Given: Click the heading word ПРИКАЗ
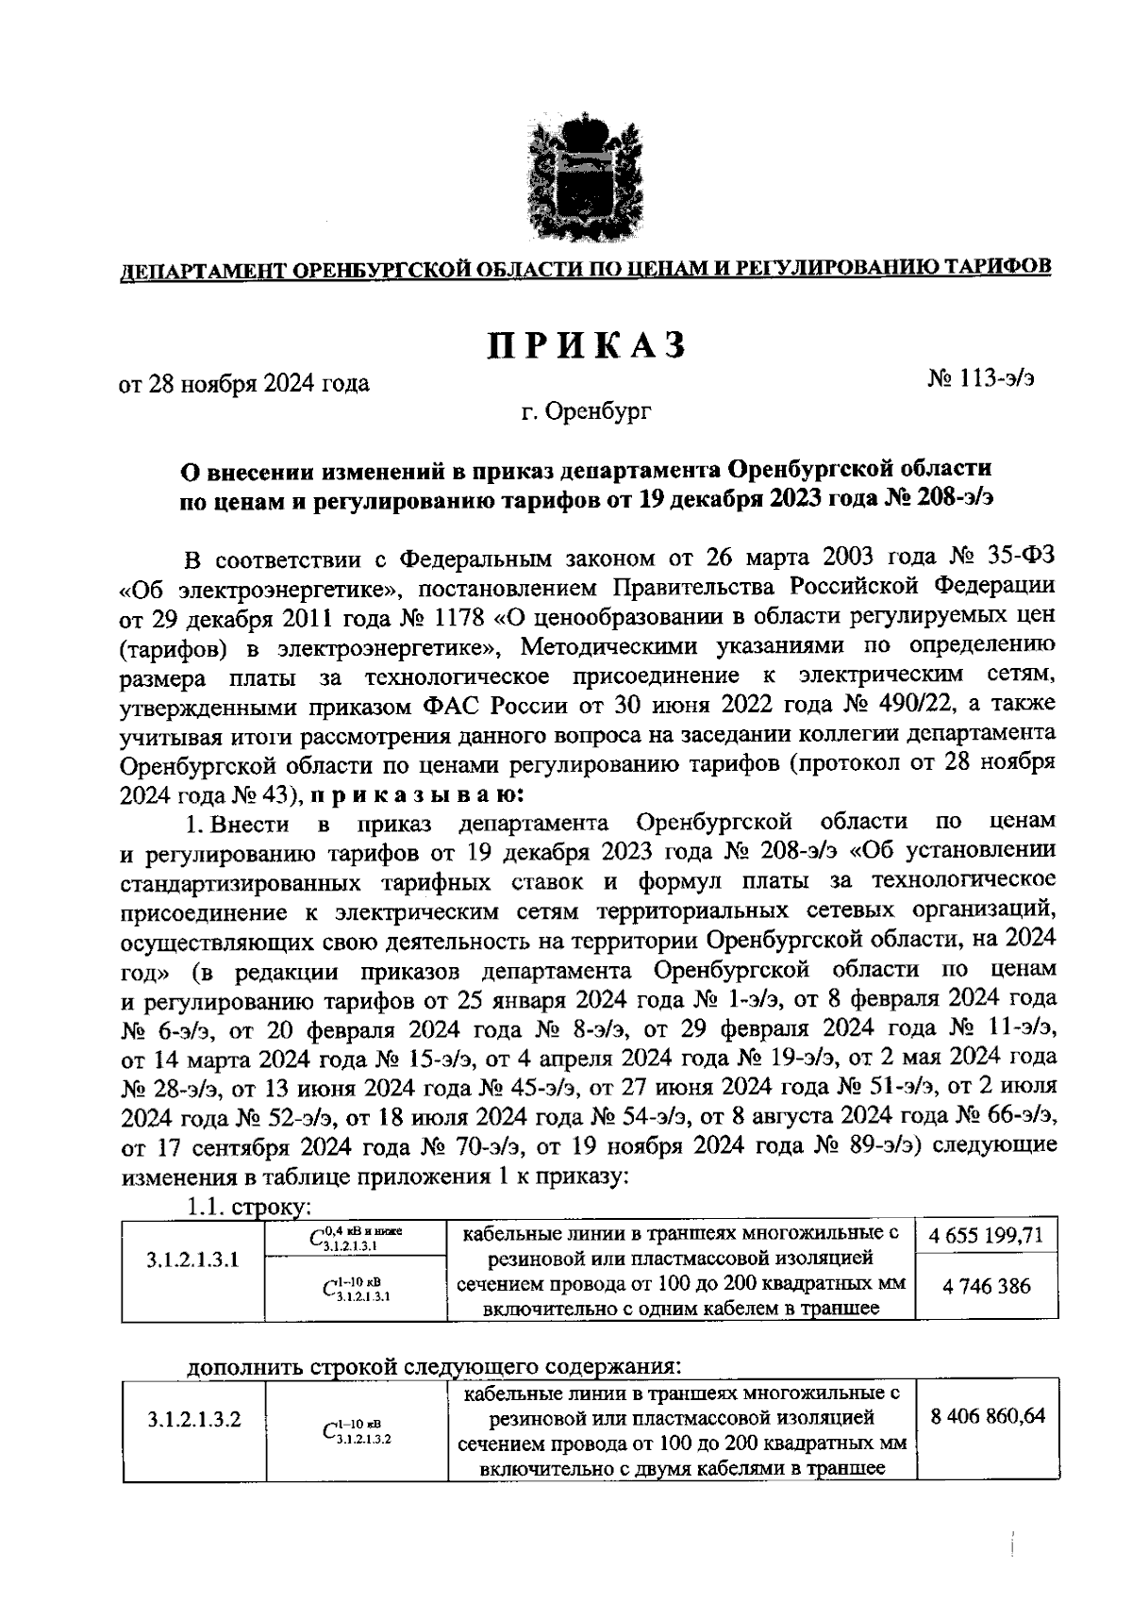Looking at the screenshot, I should [x=585, y=346].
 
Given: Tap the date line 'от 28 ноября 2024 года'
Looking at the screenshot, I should [x=243, y=384].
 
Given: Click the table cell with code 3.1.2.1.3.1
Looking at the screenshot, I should [x=192, y=1260].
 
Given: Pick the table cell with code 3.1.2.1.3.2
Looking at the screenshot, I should [x=194, y=1419].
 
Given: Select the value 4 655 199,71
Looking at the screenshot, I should [x=985, y=1235].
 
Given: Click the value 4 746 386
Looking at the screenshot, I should [x=985, y=1286].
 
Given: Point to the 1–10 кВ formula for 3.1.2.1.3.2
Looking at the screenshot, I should [x=356, y=1431].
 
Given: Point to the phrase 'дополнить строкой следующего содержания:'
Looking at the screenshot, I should [x=433, y=1367].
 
